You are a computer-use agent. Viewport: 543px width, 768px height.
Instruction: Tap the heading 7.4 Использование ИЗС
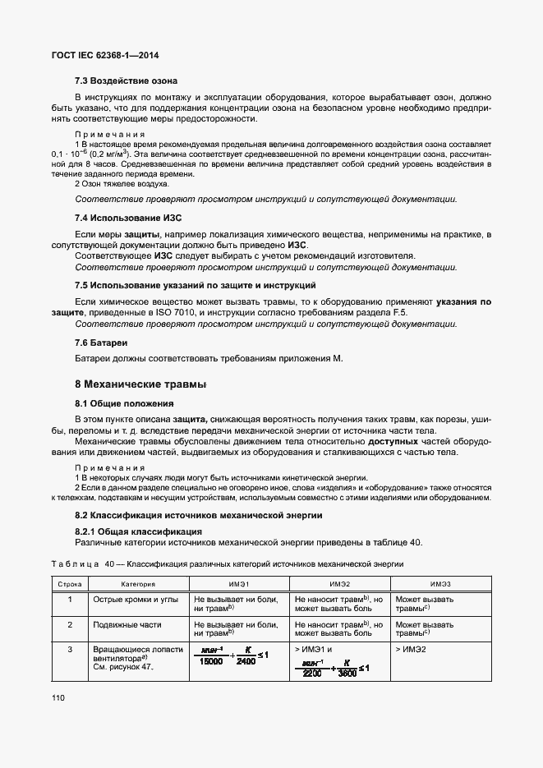coord(127,218)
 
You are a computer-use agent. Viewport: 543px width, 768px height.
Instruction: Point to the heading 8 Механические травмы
coord(140,384)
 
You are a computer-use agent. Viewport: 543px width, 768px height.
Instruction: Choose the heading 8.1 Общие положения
coord(124,403)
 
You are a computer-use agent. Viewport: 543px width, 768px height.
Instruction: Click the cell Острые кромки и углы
coord(135,600)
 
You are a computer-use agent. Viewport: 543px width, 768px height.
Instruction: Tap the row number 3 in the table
coord(71,650)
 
